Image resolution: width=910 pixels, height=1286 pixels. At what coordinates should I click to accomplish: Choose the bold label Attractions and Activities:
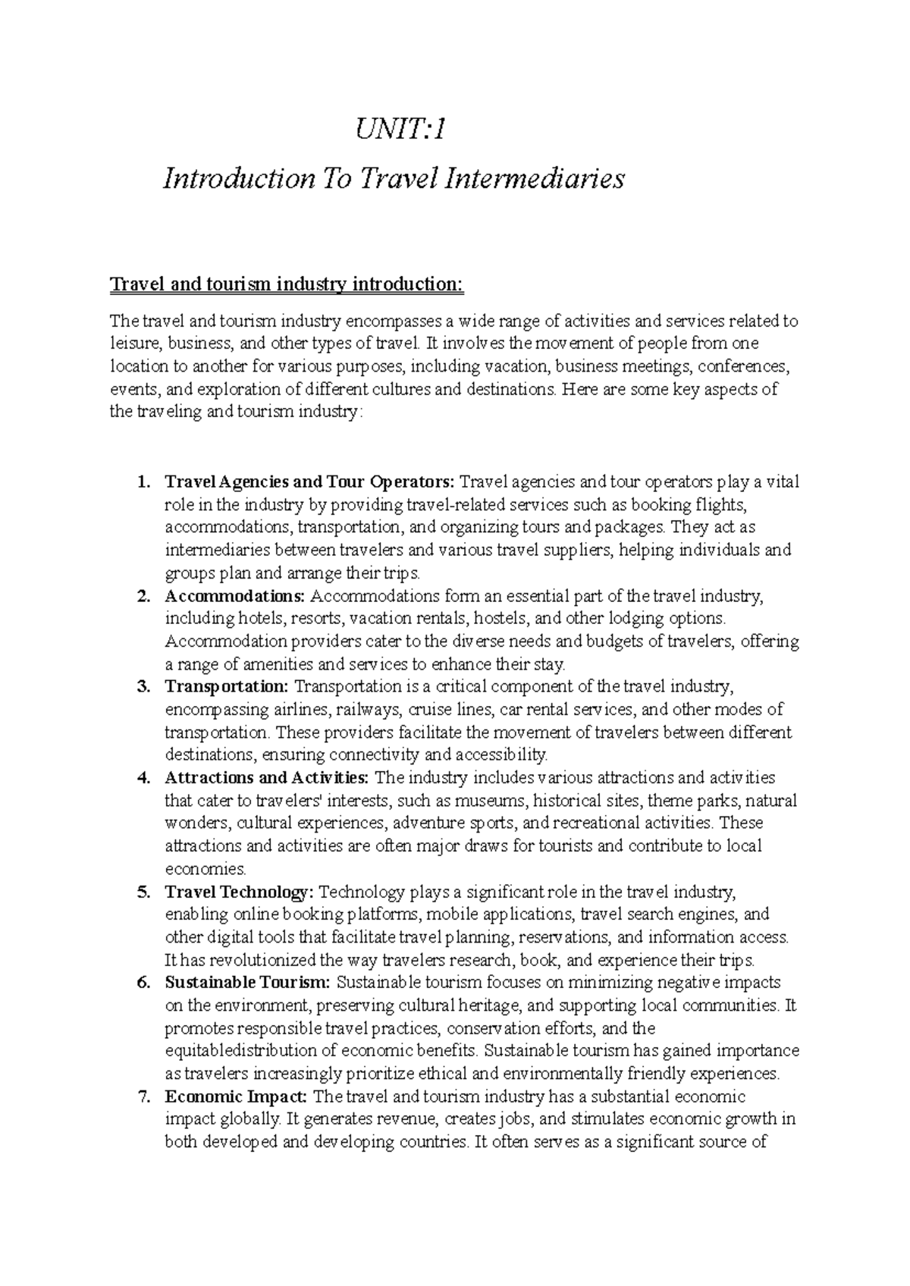point(268,777)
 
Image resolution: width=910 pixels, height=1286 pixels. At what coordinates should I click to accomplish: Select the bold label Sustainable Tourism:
point(248,983)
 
